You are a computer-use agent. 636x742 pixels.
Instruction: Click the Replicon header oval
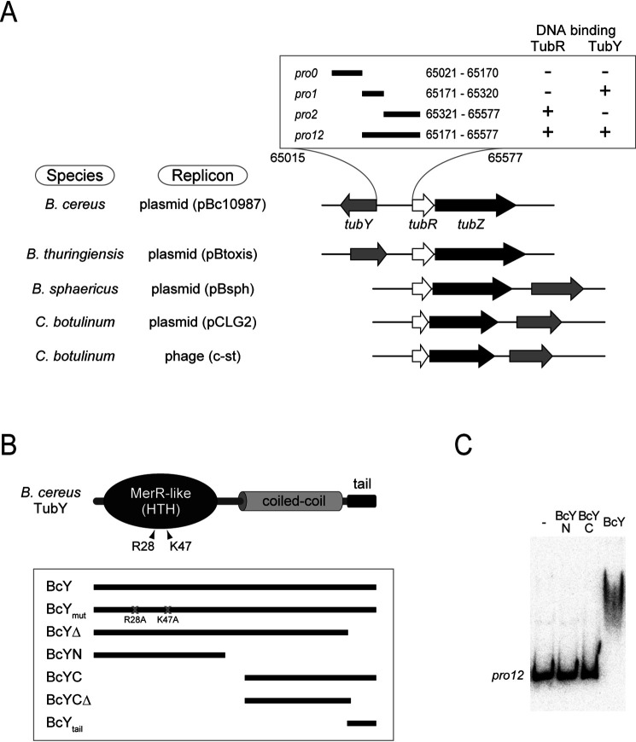(202, 176)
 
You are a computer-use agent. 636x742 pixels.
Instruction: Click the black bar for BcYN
(159, 655)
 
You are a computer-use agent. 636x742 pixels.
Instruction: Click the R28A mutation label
(135, 620)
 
